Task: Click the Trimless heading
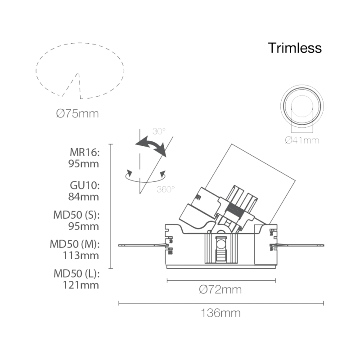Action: pyautogui.click(x=295, y=48)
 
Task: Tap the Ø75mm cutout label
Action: pyautogui.click(x=77, y=113)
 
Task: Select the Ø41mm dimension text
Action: pyautogui.click(x=302, y=140)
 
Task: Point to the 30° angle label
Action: pyautogui.click(x=159, y=131)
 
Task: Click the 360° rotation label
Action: pyautogui.click(x=166, y=189)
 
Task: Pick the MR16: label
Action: pyautogui.click(x=85, y=152)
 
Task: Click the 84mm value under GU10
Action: pyautogui.click(x=84, y=197)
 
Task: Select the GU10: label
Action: pyautogui.click(x=85, y=185)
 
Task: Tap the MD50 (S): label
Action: pyautogui.click(x=76, y=215)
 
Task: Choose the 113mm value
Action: pyautogui.click(x=81, y=255)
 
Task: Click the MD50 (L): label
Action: pyautogui.click(x=76, y=274)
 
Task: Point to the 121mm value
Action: pyautogui.click(x=81, y=285)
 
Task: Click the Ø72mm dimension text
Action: pyautogui.click(x=220, y=289)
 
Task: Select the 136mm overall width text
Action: pyautogui.click(x=221, y=313)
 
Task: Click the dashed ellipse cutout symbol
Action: pyautogui.click(x=36, y=71)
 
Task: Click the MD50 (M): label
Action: pyautogui.click(x=75, y=244)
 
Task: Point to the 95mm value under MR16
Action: pyautogui.click(x=84, y=164)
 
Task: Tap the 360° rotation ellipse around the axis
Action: pyautogui.click(x=145, y=181)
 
